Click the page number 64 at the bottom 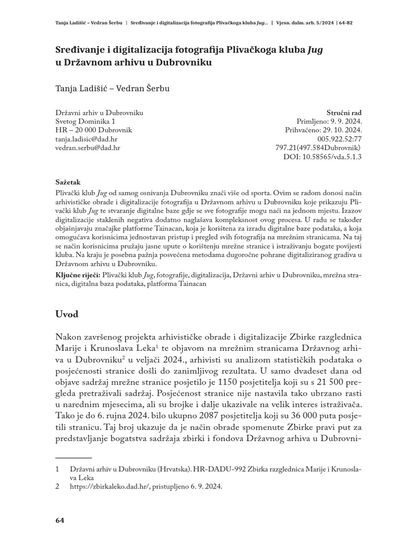[x=60, y=520]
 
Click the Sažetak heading [x=68, y=181]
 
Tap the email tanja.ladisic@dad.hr [x=87, y=138]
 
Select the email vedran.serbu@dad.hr [x=88, y=147]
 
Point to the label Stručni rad [x=344, y=113]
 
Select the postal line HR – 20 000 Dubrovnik [x=93, y=130]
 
